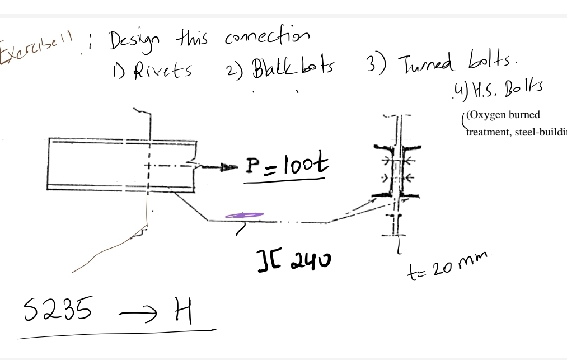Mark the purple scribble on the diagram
244,214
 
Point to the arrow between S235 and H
135,315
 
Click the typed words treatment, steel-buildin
515,132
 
